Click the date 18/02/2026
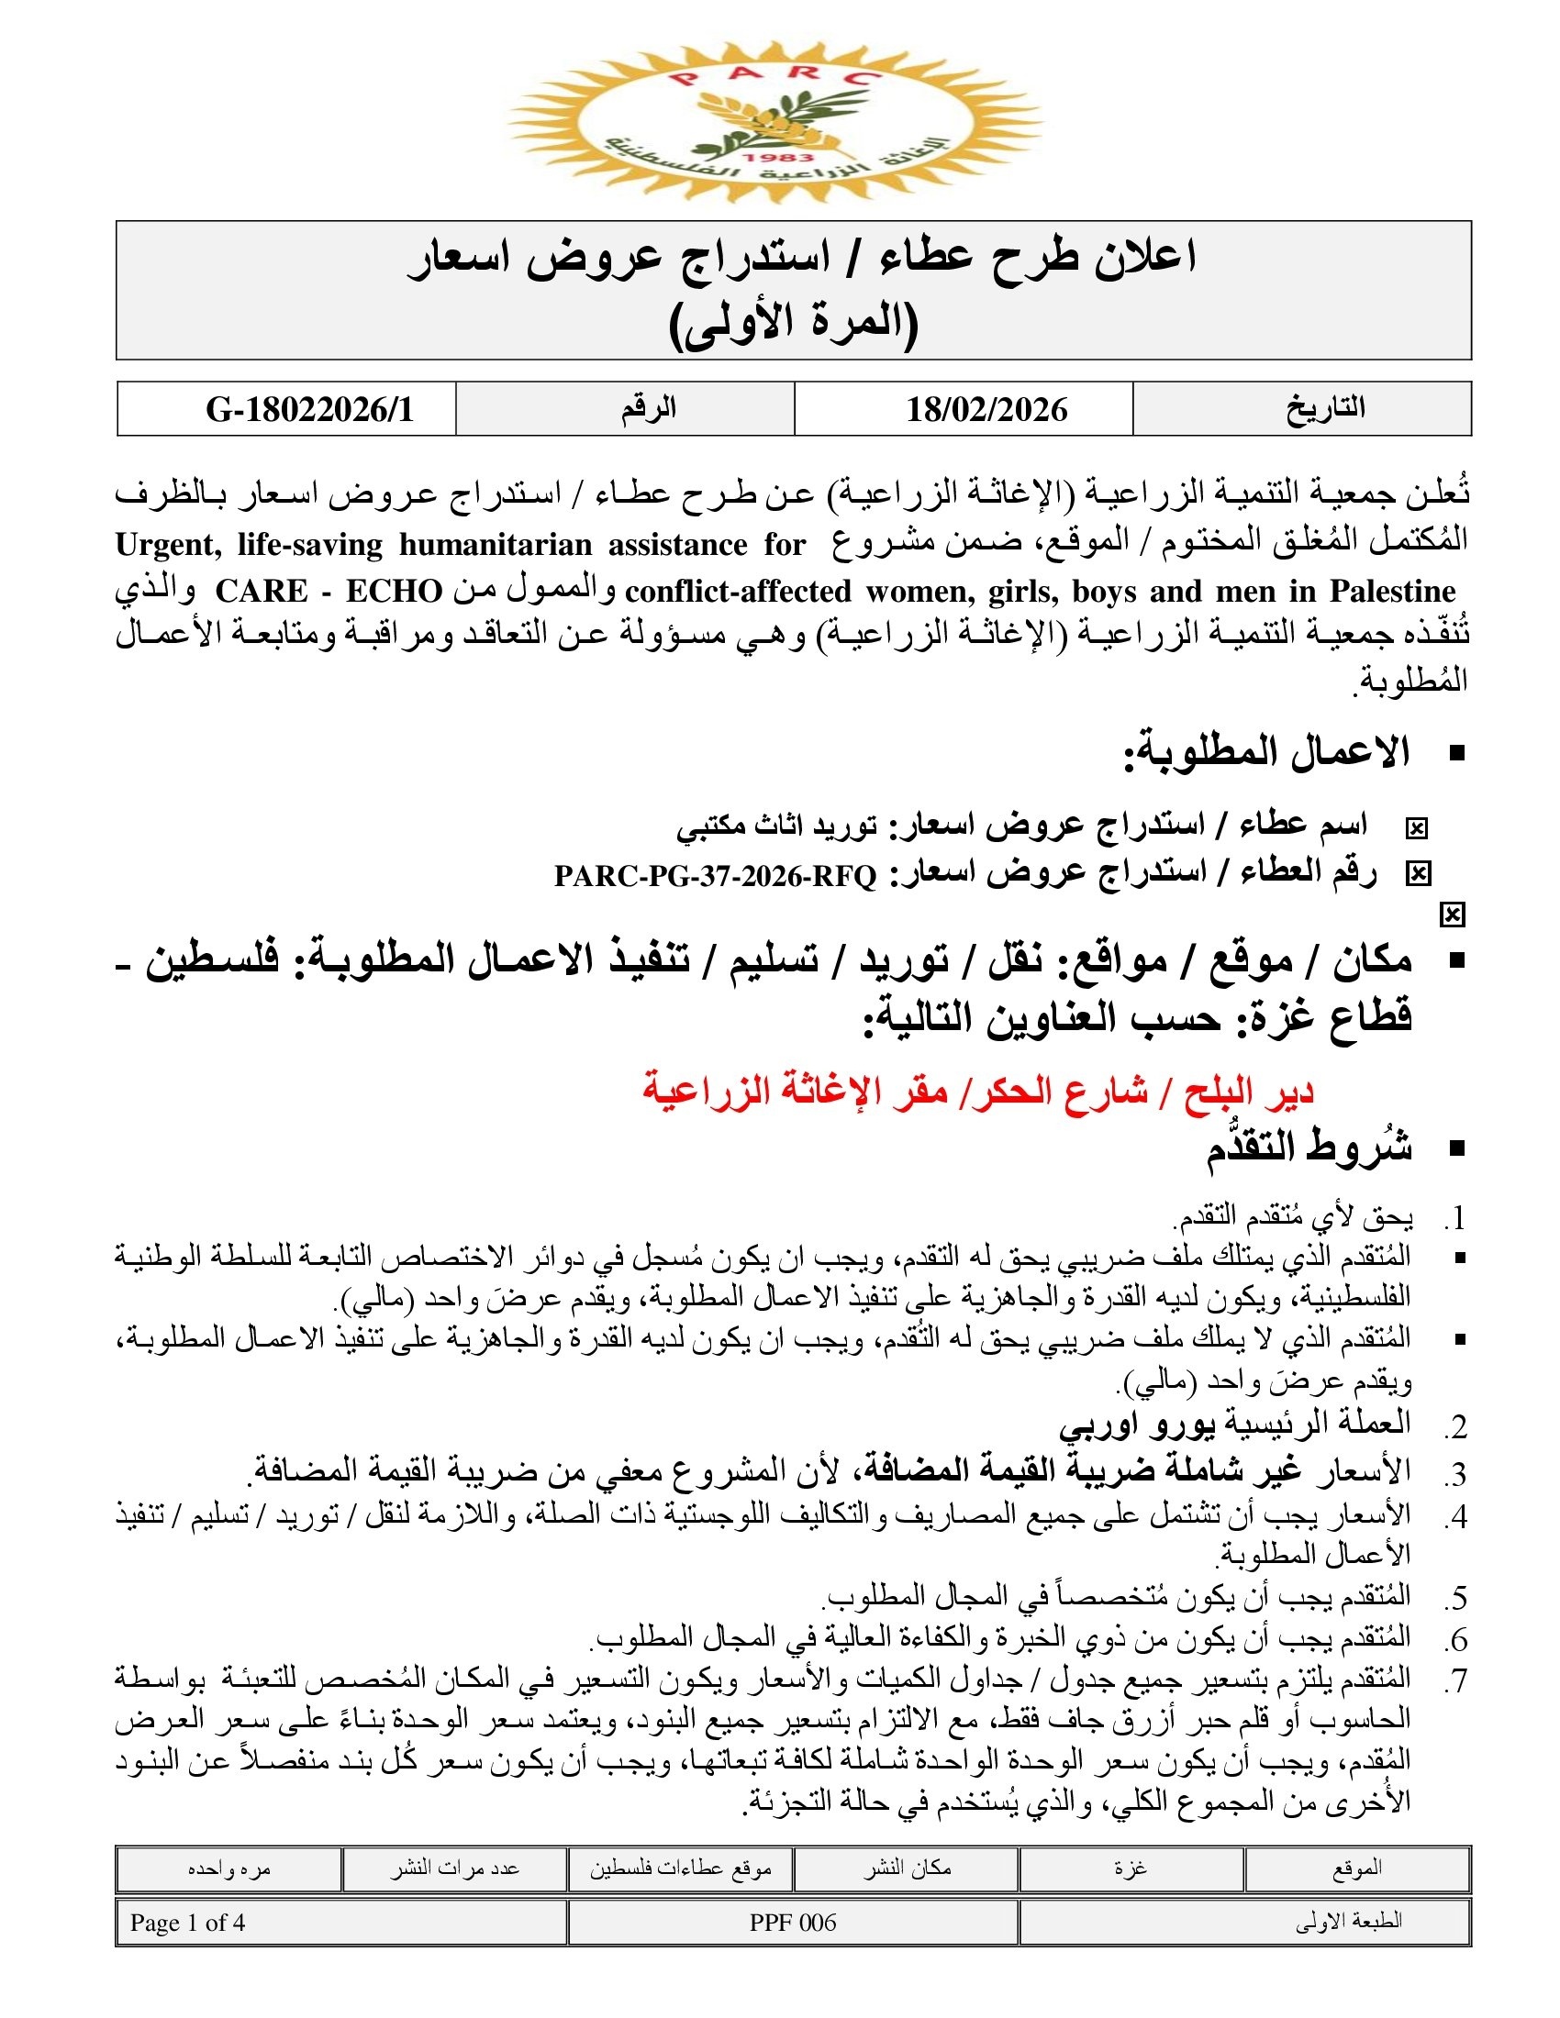[x=986, y=409]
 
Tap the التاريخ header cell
[x=1325, y=408]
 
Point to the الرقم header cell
[x=649, y=408]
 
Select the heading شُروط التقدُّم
[x=1309, y=1147]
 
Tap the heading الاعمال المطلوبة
[x=1267, y=753]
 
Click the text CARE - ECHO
[x=329, y=592]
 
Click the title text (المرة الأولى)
[x=793, y=324]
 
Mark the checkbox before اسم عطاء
[x=1416, y=829]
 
